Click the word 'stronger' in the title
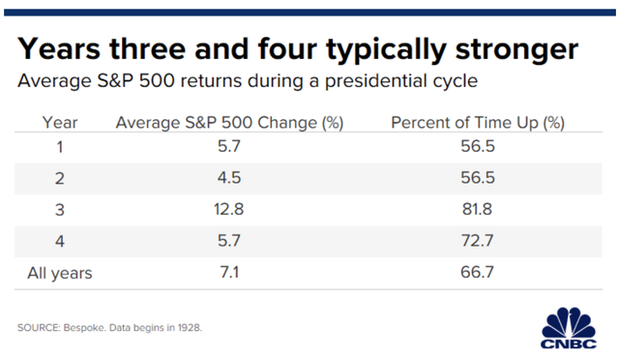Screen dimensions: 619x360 (516, 49)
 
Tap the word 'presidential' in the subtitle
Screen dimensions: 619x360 (376, 81)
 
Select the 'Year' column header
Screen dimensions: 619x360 (60, 123)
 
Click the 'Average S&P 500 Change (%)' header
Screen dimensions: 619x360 (229, 123)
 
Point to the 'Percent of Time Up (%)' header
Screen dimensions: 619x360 (478, 123)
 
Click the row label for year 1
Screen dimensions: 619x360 (60, 147)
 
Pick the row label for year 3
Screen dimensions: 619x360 (60, 210)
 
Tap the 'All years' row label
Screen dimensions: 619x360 (60, 273)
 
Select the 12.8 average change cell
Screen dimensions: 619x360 (229, 209)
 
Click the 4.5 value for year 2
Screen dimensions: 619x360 (229, 178)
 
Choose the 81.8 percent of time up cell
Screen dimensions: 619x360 (477, 209)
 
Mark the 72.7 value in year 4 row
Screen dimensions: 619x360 (477, 240)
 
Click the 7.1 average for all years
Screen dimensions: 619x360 (229, 272)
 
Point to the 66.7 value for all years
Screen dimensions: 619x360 (477, 272)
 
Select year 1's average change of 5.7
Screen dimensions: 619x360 (229, 146)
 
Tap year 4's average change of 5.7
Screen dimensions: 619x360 (229, 240)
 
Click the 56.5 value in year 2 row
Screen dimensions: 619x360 (478, 178)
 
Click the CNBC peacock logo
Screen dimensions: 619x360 (569, 328)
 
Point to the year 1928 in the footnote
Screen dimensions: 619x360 (190, 328)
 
